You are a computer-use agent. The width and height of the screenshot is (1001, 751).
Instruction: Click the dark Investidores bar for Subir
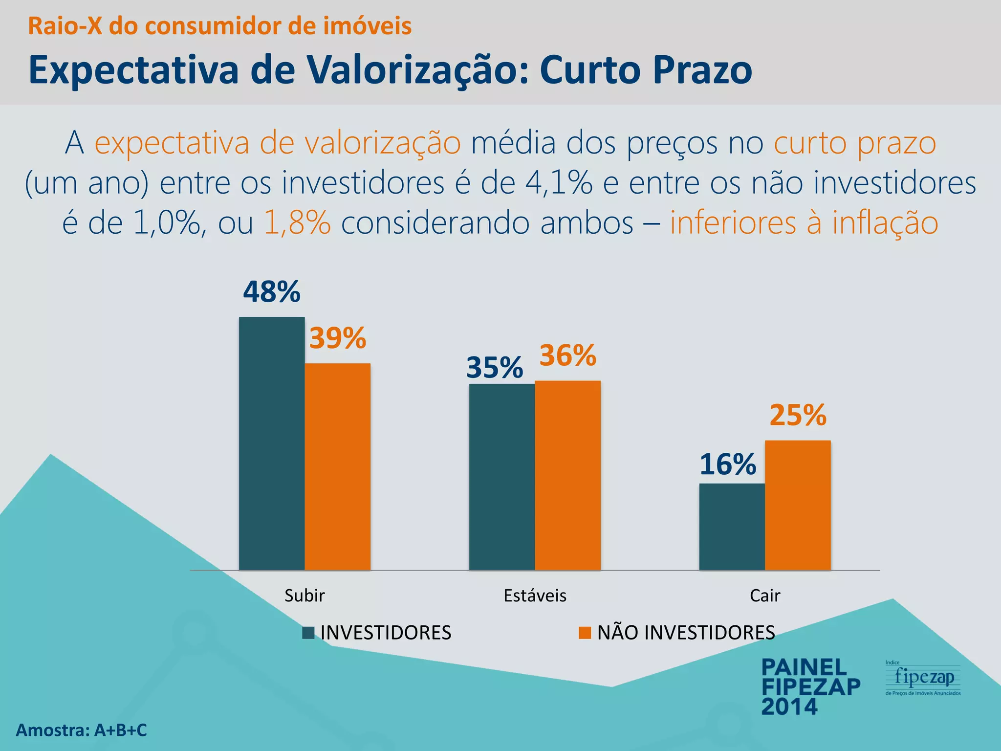pyautogui.click(x=272, y=443)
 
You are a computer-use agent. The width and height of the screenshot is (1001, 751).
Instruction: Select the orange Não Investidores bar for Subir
pyautogui.click(x=337, y=466)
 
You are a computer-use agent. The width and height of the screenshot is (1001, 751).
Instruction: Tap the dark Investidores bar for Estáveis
pyautogui.click(x=502, y=477)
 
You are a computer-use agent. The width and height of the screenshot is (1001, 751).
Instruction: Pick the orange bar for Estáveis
pyautogui.click(x=567, y=475)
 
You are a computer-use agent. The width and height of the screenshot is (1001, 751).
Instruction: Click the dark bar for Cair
pyautogui.click(x=732, y=527)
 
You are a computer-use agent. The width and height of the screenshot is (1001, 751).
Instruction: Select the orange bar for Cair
pyautogui.click(x=798, y=505)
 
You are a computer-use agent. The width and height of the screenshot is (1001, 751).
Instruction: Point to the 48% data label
pyautogui.click(x=272, y=292)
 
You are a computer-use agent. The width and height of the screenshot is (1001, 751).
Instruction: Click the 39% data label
pyautogui.click(x=338, y=338)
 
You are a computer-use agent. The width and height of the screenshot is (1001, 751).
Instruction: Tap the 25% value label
pyautogui.click(x=798, y=415)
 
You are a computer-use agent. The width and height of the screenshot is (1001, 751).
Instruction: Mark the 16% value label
pyautogui.click(x=728, y=464)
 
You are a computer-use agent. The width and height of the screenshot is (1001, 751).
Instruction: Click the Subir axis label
pyautogui.click(x=305, y=596)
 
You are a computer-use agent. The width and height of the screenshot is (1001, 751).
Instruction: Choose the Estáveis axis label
pyautogui.click(x=535, y=596)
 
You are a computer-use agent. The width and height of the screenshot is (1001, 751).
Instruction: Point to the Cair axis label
pyautogui.click(x=765, y=596)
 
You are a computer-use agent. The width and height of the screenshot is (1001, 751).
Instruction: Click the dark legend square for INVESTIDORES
pyautogui.click(x=308, y=633)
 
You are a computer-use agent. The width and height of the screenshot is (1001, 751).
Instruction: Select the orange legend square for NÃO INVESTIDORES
pyautogui.click(x=585, y=633)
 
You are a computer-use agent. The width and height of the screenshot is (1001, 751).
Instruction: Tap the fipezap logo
pyautogui.click(x=923, y=678)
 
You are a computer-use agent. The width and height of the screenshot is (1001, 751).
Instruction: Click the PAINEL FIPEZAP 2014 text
pyautogui.click(x=810, y=687)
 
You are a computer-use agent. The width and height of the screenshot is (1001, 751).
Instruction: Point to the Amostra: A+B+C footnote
pyautogui.click(x=82, y=730)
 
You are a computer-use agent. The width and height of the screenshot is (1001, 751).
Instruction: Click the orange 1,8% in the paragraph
pyautogui.click(x=297, y=223)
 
